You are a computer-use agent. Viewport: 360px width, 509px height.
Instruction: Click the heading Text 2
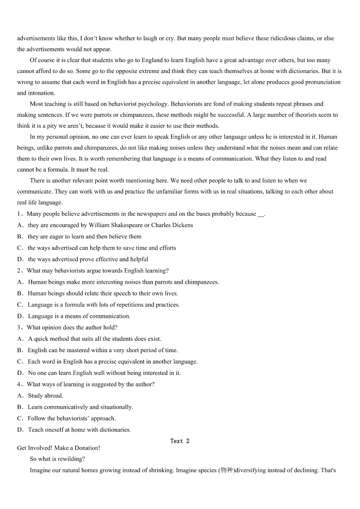click(180, 441)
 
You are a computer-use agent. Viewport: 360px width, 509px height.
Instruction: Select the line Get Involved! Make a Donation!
click(58, 448)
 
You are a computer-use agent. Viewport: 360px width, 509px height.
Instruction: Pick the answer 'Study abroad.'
click(45, 396)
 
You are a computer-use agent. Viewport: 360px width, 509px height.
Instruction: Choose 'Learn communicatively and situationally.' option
click(80, 407)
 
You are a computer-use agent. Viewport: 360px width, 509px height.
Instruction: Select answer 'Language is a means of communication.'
click(79, 316)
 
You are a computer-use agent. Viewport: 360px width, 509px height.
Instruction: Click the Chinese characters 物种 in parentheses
click(226, 470)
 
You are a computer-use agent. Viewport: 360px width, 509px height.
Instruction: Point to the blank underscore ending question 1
click(261, 214)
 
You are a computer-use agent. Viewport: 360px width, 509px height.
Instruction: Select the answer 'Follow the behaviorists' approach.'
click(72, 418)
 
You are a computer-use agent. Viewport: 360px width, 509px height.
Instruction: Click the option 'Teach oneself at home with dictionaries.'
click(79, 430)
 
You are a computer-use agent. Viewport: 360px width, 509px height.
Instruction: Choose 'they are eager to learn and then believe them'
click(84, 237)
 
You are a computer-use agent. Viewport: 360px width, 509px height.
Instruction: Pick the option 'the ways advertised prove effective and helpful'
click(88, 259)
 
